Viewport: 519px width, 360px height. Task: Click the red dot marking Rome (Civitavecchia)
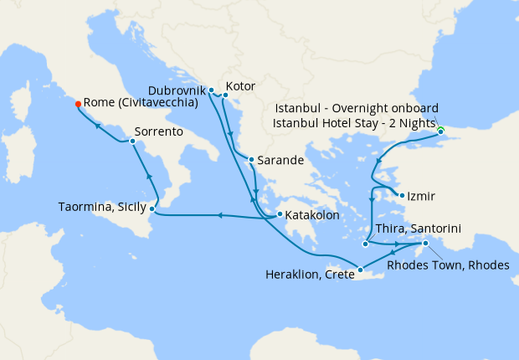tap(78, 105)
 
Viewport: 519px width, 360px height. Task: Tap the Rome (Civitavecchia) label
tap(141, 104)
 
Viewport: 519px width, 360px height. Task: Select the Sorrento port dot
tap(132, 141)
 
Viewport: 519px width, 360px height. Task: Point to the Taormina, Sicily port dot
tap(152, 208)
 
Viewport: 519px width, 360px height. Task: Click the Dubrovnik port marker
tap(211, 90)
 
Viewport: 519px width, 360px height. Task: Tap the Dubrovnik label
tap(176, 89)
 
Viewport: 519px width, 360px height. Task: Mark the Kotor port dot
tap(225, 95)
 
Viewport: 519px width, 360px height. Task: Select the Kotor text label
tap(240, 86)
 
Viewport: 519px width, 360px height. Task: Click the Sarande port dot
tap(250, 159)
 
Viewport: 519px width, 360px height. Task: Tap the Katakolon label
tap(312, 215)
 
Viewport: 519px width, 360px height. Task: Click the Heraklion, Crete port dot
tap(360, 270)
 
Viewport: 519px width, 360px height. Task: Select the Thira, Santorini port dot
tap(366, 244)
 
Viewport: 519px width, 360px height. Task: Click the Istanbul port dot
tap(440, 131)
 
